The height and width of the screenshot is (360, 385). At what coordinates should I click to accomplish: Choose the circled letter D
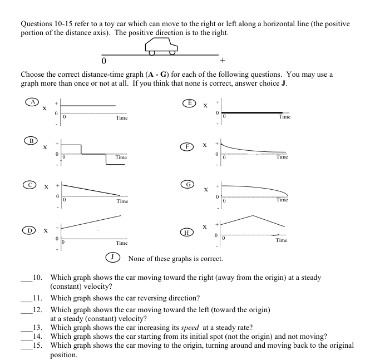[27, 229]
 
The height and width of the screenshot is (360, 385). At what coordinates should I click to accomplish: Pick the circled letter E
[190, 102]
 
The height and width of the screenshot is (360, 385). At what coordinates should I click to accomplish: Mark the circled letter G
[189, 184]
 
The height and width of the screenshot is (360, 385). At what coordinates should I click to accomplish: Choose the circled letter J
[113, 258]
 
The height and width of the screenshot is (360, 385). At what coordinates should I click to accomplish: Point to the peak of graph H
[253, 215]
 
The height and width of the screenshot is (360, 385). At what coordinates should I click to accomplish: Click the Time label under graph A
[121, 118]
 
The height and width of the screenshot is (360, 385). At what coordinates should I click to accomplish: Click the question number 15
[38, 345]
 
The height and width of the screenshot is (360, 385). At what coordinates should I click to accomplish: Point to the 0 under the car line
[104, 60]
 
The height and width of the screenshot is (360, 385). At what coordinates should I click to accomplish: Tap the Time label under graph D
[121, 243]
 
